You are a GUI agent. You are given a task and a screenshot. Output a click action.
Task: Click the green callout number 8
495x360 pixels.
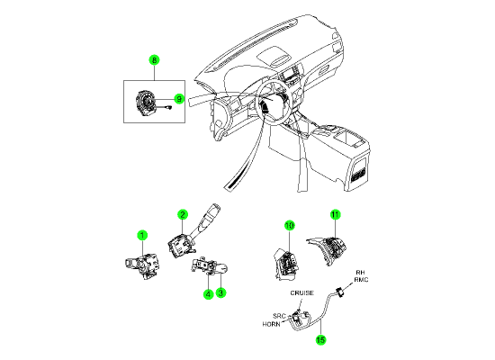154,60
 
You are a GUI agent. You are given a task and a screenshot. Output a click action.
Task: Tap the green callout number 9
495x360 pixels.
179,99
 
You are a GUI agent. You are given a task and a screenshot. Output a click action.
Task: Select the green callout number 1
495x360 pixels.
142,235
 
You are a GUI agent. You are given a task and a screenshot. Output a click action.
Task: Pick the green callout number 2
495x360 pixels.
183,215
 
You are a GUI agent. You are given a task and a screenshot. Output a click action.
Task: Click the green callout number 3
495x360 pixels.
220,292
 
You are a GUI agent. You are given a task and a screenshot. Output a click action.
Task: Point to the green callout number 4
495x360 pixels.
209,294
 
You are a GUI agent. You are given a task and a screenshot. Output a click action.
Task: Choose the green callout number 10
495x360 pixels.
290,226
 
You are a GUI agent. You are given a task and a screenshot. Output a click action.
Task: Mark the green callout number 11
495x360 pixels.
336,215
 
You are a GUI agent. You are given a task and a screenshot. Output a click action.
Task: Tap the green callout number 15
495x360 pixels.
320,340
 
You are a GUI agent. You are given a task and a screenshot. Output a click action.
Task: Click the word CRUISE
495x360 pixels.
302,293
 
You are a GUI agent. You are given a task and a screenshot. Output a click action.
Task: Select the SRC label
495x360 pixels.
279,316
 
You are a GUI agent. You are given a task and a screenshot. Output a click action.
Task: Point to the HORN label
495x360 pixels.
271,324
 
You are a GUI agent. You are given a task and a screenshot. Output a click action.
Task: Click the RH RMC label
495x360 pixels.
361,276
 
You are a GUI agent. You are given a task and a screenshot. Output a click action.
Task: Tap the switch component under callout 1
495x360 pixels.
141,266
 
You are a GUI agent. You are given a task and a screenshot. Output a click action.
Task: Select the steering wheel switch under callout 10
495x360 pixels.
286,265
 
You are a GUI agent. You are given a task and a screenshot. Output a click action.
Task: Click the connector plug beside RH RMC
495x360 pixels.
340,292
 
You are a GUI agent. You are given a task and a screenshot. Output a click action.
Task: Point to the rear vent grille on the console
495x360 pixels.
357,175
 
